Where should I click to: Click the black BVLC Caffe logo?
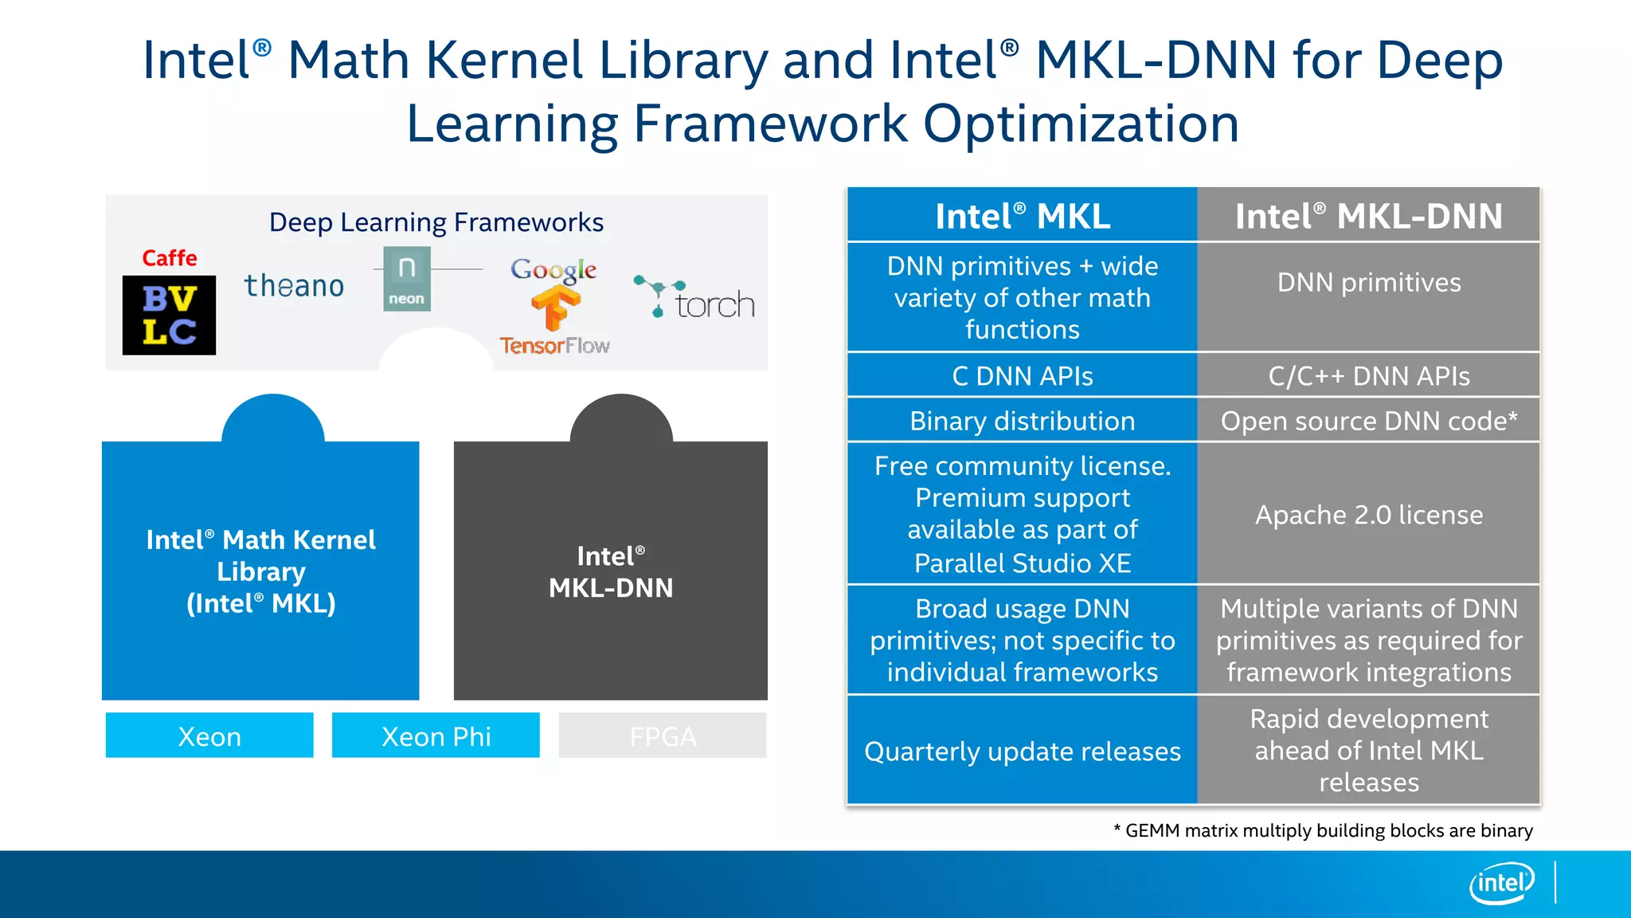pyautogui.click(x=169, y=315)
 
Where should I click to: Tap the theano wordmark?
pyautogui.click(x=294, y=285)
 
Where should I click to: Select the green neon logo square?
pyautogui.click(x=407, y=278)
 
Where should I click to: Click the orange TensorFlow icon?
pyautogui.click(x=555, y=308)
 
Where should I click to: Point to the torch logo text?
pyautogui.click(x=714, y=304)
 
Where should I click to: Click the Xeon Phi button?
pyautogui.click(x=436, y=736)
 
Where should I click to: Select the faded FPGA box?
pyautogui.click(x=663, y=736)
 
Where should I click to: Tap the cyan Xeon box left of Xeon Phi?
pyautogui.click(x=209, y=736)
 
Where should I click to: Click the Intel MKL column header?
pyautogui.click(x=1023, y=216)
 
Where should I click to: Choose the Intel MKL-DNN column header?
pyautogui.click(x=1368, y=216)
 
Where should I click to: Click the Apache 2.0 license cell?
pyautogui.click(x=1368, y=515)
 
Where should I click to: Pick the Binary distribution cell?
pyautogui.click(x=1023, y=421)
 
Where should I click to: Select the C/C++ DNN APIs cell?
pyautogui.click(x=1368, y=375)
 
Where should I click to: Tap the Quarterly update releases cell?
pyautogui.click(x=1023, y=751)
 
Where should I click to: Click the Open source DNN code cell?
pyautogui.click(x=1368, y=421)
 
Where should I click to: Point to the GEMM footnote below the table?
pyautogui.click(x=1323, y=830)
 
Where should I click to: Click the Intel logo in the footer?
pyautogui.click(x=1501, y=883)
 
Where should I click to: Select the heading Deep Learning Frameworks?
pyautogui.click(x=436, y=222)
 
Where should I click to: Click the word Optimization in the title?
pyautogui.click(x=1081, y=124)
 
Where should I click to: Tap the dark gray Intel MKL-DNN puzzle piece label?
pyautogui.click(x=611, y=571)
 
